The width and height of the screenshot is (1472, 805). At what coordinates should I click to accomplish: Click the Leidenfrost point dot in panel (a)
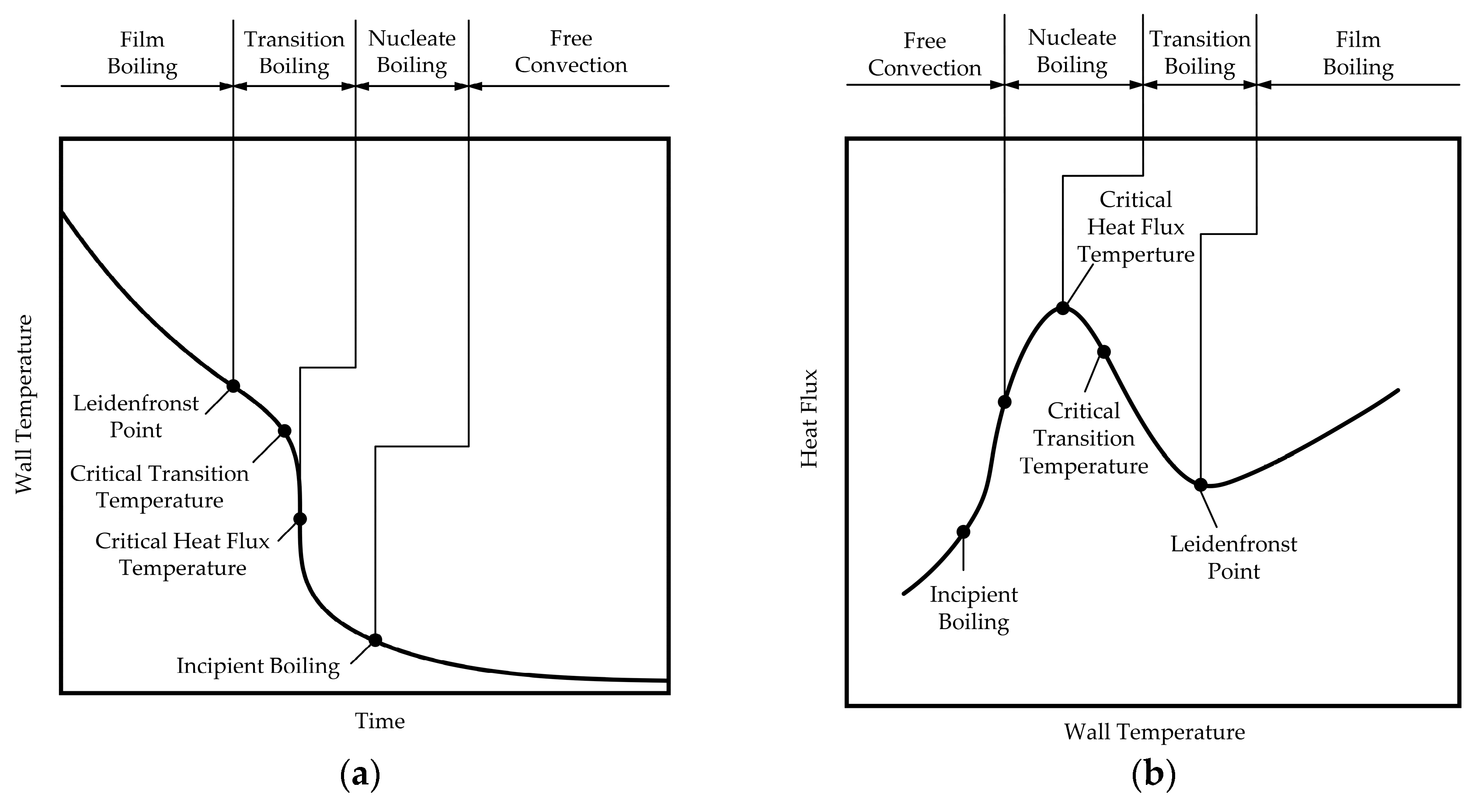[233, 386]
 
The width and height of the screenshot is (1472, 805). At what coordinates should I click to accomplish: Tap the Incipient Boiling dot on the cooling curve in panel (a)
[375, 640]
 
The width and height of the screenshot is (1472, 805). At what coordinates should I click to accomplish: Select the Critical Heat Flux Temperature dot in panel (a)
[300, 518]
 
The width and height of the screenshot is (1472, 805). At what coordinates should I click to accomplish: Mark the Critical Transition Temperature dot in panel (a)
[284, 430]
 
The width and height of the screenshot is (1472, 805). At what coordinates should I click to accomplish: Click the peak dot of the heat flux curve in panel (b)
[1062, 308]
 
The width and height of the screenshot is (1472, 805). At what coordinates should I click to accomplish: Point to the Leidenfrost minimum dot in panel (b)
[1201, 485]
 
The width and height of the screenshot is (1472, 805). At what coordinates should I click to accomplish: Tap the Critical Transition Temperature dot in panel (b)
[1104, 352]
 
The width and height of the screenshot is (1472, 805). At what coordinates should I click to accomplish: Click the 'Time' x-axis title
[380, 721]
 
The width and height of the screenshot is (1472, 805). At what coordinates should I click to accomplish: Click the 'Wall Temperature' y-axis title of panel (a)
[24, 404]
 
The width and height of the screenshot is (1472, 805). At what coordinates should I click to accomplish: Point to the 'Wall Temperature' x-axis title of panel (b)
[1154, 732]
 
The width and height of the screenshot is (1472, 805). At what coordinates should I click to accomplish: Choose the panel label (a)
[360, 775]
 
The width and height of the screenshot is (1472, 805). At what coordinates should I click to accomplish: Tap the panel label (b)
[1154, 775]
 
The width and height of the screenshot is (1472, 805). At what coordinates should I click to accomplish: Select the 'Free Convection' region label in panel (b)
[925, 54]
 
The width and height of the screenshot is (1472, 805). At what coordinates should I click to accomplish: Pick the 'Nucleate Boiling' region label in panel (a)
[412, 52]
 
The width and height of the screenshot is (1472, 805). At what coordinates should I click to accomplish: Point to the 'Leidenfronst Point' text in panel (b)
[1234, 557]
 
